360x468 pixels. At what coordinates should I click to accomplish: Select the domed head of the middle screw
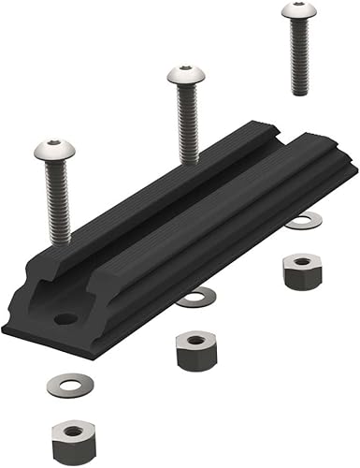184,76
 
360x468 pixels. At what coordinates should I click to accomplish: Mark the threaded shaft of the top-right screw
299,57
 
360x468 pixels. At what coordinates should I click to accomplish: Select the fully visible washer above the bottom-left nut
66,385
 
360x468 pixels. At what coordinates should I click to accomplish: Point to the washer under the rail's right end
304,221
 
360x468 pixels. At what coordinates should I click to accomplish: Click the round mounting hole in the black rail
65,319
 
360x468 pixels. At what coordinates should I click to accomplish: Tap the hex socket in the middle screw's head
183,71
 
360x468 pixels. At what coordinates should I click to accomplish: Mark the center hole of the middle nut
194,340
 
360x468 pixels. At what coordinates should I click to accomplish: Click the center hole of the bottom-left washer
66,385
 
